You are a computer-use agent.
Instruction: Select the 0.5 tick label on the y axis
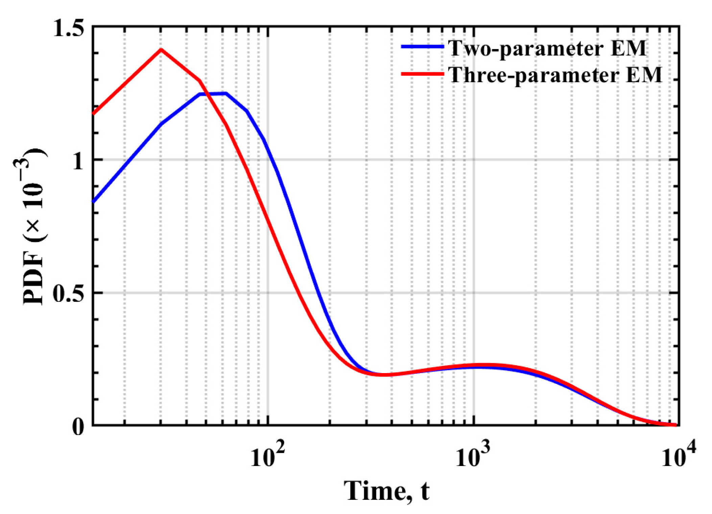(x=69, y=294)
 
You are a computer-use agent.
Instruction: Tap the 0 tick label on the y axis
(x=78, y=426)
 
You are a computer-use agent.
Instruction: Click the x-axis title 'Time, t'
(x=386, y=491)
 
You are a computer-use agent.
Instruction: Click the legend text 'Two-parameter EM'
(x=547, y=48)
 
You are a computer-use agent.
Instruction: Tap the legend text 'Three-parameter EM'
(x=555, y=74)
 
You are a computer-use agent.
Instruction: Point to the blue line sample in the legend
(x=422, y=47)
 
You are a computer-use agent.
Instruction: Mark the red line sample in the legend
(x=422, y=74)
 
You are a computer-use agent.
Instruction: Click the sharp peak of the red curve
(x=161, y=50)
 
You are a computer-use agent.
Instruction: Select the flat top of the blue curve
(x=213, y=94)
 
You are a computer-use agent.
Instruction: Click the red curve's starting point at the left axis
(x=94, y=114)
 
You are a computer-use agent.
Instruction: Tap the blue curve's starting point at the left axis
(x=94, y=202)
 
